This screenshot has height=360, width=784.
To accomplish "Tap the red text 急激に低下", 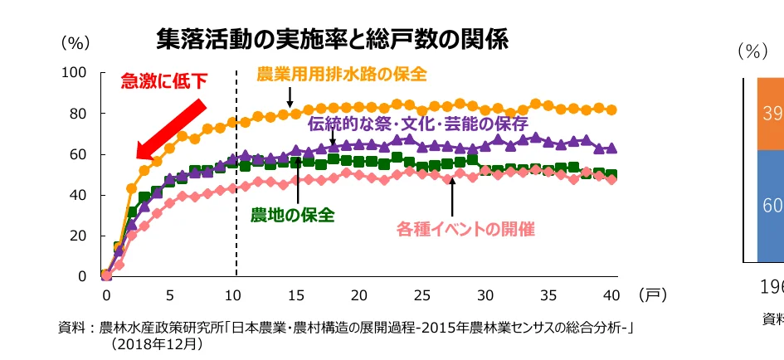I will pos(163,81).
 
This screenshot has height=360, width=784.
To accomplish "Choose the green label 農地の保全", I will pos(292,215).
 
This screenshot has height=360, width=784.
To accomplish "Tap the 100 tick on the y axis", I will pos(75,73).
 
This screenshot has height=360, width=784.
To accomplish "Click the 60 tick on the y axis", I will pos(78,154).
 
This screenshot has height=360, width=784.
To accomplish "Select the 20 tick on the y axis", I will pos(78,236).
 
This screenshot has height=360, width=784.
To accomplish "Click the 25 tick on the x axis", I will pos(423,295).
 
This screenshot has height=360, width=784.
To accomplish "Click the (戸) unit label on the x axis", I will pos(652,294).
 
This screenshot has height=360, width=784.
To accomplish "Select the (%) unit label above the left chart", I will pos(74,42).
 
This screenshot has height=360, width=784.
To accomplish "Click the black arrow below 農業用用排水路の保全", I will pos(291,96).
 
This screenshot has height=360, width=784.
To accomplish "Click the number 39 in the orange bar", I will pos(772,113).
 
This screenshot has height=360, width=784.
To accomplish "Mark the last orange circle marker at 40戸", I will pos(611,109).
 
